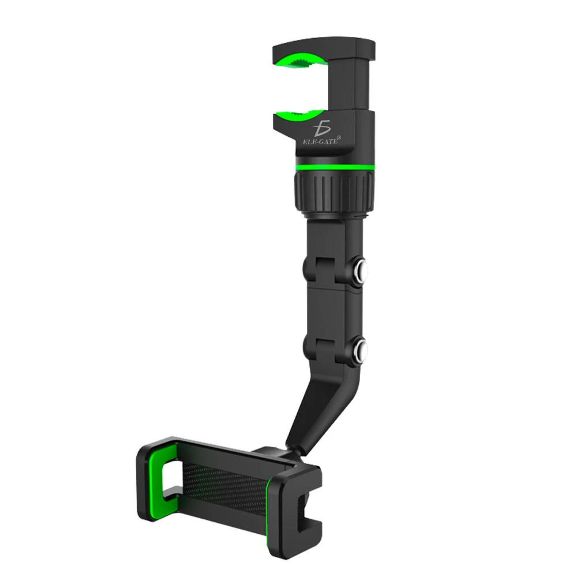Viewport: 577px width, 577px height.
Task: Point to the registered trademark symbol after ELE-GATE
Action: pos(339,137)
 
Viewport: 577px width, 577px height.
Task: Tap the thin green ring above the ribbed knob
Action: pos(334,166)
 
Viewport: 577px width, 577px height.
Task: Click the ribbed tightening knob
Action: pos(334,188)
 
